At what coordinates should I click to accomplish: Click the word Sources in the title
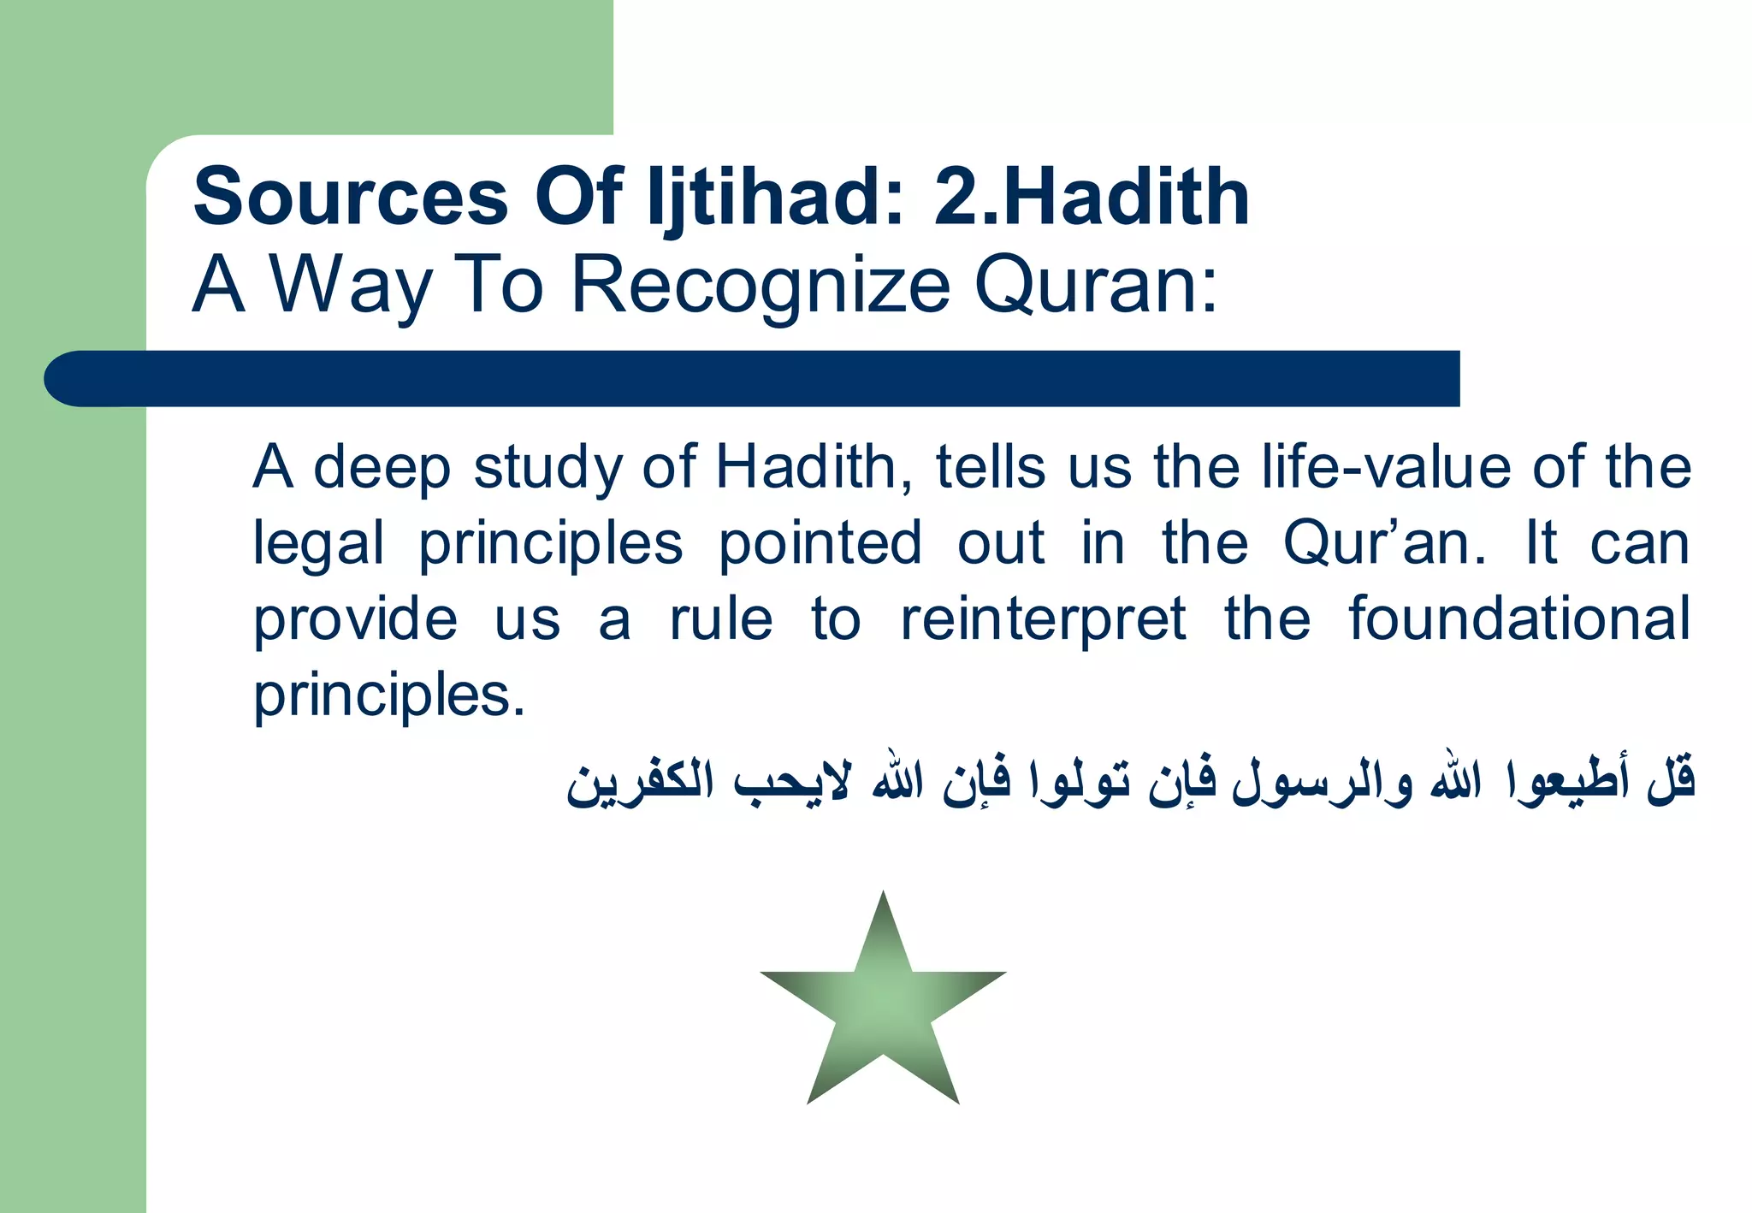[x=351, y=198]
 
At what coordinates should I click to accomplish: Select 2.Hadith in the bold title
[x=1092, y=198]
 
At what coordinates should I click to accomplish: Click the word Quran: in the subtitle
[x=1096, y=284]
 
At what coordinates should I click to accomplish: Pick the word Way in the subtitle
[x=351, y=284]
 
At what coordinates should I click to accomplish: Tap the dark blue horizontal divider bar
[x=753, y=378]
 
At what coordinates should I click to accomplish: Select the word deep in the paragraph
[x=382, y=468]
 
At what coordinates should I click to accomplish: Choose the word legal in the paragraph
[x=318, y=543]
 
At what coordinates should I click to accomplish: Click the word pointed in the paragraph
[x=820, y=543]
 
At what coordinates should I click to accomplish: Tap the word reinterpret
[x=1043, y=618]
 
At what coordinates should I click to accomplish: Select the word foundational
[x=1519, y=618]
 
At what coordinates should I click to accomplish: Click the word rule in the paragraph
[x=721, y=618]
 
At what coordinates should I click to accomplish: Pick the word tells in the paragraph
[x=991, y=468]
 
